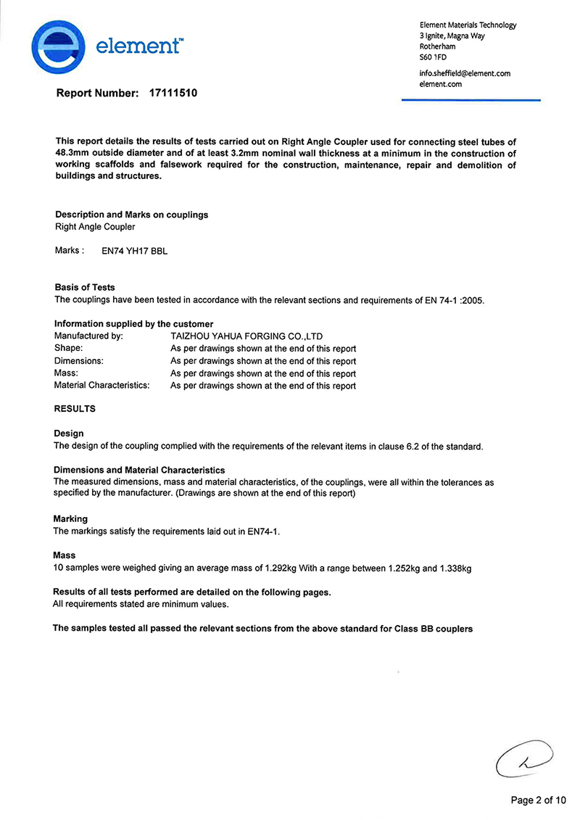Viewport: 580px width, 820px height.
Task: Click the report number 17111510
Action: pos(173,94)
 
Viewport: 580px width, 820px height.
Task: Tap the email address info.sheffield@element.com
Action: pos(465,73)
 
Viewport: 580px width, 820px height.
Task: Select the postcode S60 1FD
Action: pos(434,57)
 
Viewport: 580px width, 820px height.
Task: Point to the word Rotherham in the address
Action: pos(438,46)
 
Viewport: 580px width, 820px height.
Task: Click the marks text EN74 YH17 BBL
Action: pos(134,251)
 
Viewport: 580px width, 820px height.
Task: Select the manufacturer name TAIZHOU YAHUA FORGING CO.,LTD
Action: pos(246,336)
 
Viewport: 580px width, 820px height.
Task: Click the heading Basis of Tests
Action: pos(85,287)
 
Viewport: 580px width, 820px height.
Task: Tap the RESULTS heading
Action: pos(75,409)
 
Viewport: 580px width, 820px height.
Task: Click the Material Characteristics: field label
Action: pos(101,385)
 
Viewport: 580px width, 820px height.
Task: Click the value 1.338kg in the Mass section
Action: pos(455,568)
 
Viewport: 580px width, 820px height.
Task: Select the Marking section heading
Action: pos(70,519)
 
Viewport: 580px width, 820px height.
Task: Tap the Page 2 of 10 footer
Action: pos(538,800)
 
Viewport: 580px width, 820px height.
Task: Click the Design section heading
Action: pos(69,434)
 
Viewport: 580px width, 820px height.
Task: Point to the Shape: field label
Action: pos(69,349)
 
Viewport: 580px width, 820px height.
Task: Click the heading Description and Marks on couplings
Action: pos(131,215)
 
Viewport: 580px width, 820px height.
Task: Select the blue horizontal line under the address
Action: pos(471,100)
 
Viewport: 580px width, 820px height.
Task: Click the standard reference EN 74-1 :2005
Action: pos(453,300)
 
